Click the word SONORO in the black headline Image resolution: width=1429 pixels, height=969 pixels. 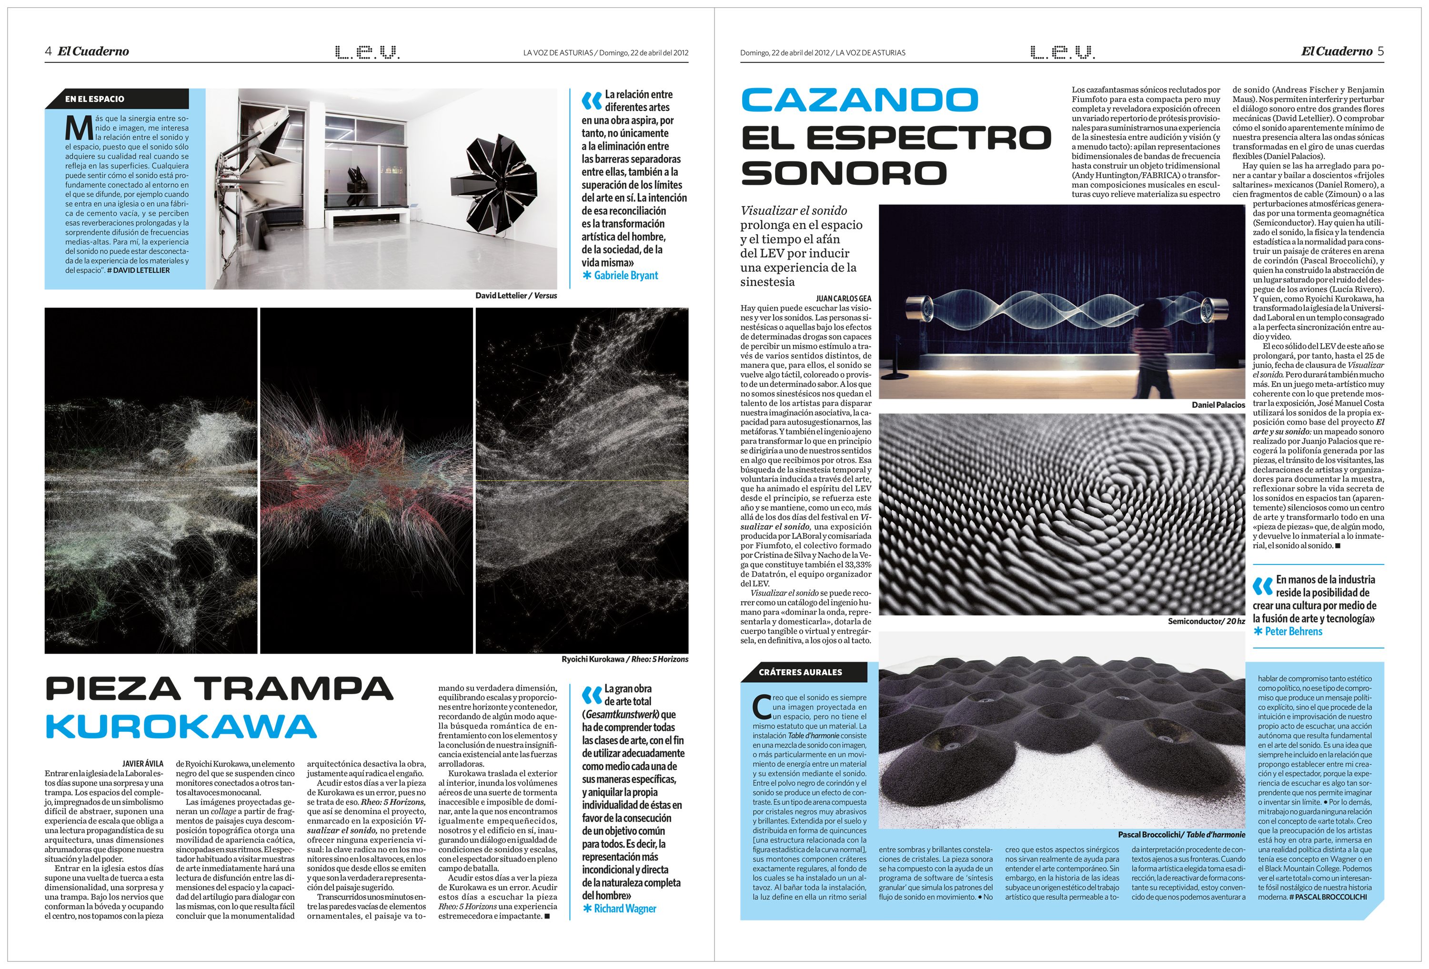point(844,173)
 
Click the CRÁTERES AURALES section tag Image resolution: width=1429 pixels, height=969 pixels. point(800,672)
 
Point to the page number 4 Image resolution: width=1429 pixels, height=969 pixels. point(48,51)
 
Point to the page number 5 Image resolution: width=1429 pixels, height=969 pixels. point(1380,51)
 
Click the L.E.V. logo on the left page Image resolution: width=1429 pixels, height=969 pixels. point(367,52)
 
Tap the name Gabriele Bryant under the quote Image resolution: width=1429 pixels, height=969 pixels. point(625,275)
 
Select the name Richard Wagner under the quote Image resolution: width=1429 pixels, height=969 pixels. point(625,909)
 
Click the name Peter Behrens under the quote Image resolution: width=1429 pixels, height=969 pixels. point(1293,631)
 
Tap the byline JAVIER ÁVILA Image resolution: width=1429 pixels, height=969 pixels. point(142,764)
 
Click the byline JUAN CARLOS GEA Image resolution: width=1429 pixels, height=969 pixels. point(843,299)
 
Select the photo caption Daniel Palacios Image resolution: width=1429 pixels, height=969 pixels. point(1218,405)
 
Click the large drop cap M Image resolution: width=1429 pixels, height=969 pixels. point(79,129)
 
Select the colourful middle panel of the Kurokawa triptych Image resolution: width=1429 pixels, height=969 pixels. point(366,480)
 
